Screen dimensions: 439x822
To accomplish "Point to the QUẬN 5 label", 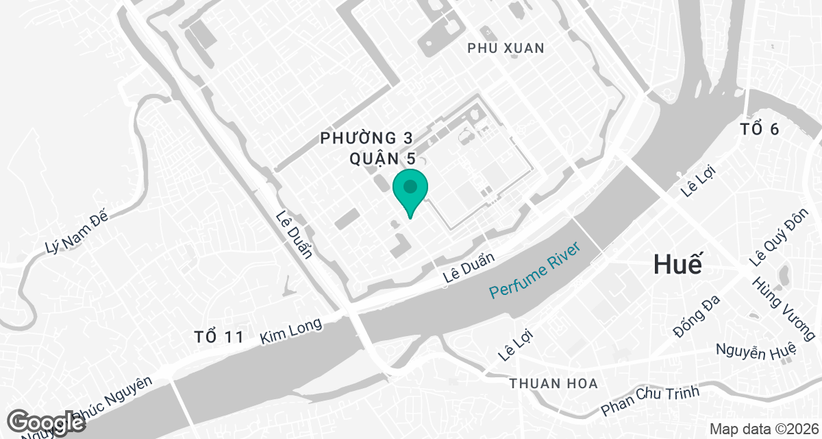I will tap(382, 158).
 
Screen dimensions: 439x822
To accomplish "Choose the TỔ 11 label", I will tap(219, 337).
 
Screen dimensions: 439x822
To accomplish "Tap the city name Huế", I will tap(678, 264).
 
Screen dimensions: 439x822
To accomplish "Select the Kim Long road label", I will tap(291, 332).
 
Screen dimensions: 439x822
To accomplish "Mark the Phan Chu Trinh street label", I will tap(650, 401).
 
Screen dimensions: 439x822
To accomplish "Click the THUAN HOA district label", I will tap(553, 383).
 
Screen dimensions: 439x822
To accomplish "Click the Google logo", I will tap(47, 422).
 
